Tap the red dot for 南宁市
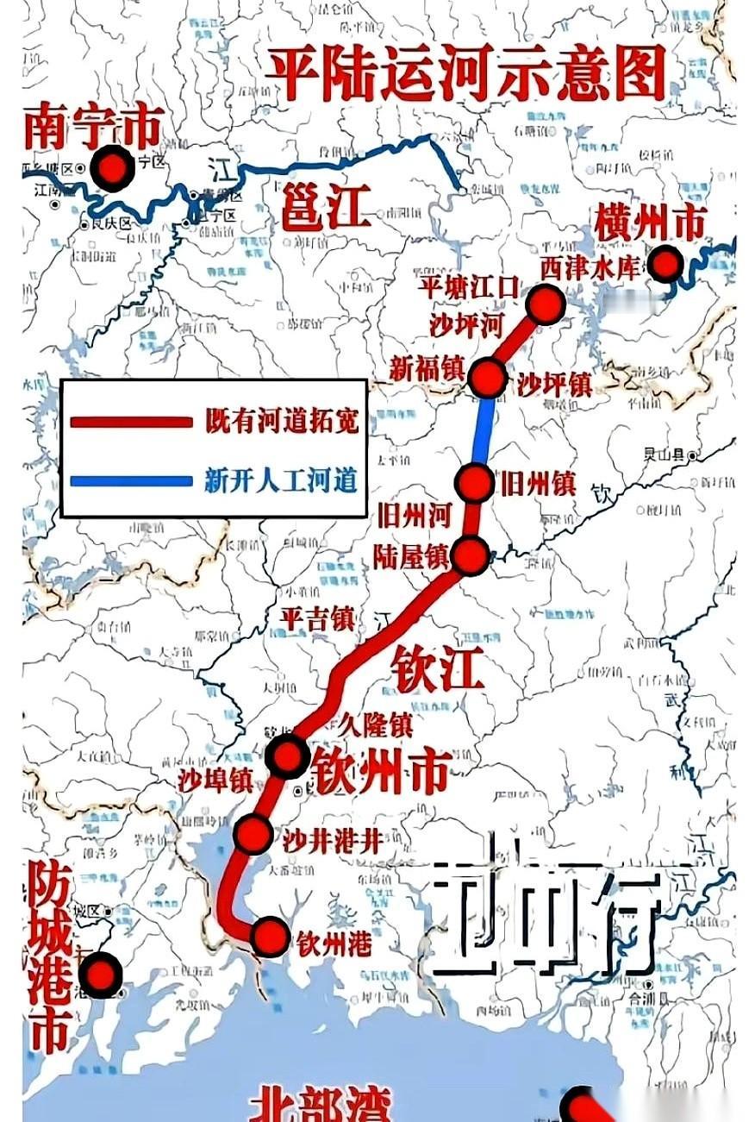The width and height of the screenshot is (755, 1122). coord(114,166)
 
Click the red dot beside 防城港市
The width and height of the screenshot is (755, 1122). coord(101,975)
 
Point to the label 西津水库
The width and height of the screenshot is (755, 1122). coord(591,267)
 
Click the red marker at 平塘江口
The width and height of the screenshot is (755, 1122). coord(546,304)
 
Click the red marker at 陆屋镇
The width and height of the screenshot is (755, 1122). coord(471,555)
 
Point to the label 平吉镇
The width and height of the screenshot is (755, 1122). coord(318,617)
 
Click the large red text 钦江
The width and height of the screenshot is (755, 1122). coord(437,667)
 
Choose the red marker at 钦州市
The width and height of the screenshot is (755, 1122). coord(287,755)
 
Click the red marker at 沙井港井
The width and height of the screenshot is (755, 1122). coord(254,833)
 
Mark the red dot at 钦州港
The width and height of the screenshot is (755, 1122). coord(270,936)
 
